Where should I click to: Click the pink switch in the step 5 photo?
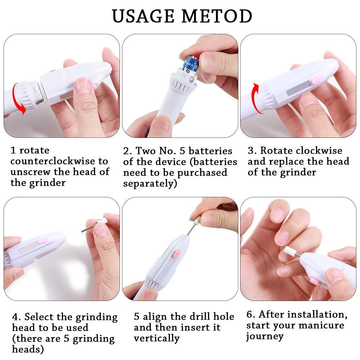click(x=176, y=255)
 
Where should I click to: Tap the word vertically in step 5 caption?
click(x=156, y=339)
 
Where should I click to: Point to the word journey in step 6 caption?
click(x=265, y=336)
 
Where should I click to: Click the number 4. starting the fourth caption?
click(x=17, y=317)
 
